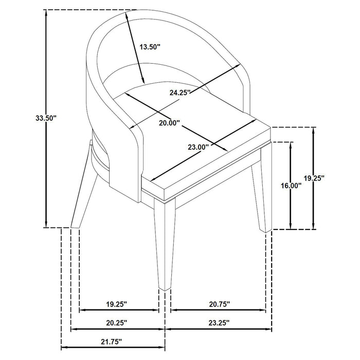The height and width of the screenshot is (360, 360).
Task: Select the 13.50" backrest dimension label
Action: coord(150,46)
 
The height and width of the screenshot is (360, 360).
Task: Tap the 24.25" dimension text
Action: coord(180,93)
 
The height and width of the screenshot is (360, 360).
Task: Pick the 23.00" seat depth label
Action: coord(197,147)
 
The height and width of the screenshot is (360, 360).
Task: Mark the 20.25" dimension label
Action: coord(116,323)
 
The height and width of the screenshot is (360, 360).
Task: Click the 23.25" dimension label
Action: coord(218,323)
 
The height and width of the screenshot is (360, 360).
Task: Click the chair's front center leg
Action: coord(165,247)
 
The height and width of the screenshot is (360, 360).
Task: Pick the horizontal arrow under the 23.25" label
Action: coord(218,329)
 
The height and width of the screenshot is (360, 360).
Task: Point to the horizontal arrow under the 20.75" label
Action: coord(218,311)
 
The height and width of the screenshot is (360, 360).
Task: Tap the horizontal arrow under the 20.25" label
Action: coord(117,329)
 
